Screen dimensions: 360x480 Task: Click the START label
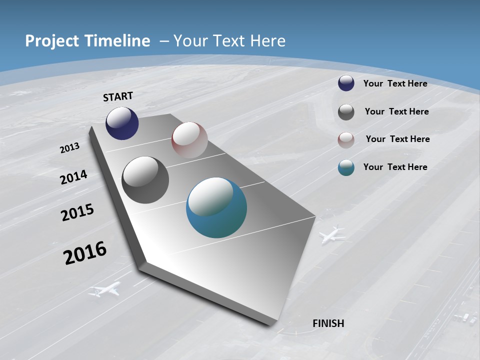point(118,96)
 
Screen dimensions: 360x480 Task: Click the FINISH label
point(328,323)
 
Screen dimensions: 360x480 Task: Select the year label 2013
point(70,148)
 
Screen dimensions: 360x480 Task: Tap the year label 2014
point(74,177)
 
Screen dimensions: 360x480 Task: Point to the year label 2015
point(77,212)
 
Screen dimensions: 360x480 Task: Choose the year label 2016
point(85,253)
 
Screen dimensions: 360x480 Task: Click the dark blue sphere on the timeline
point(122,123)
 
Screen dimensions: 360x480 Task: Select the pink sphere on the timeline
point(189,140)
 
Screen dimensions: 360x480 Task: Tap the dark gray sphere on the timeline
point(145,180)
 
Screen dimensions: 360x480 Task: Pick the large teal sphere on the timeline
point(216,207)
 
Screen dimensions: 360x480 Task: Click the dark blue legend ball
point(346,83)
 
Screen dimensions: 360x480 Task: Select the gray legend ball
point(346,112)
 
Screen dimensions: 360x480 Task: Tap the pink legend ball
point(346,140)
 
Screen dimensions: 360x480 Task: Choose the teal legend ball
point(346,168)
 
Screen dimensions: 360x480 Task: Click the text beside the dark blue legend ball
point(395,83)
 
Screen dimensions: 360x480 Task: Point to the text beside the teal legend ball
point(395,167)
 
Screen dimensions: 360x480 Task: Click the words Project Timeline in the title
point(87,41)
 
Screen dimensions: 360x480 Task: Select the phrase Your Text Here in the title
point(229,41)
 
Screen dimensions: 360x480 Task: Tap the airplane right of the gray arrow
point(332,234)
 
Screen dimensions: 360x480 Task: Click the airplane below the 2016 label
point(105,289)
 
